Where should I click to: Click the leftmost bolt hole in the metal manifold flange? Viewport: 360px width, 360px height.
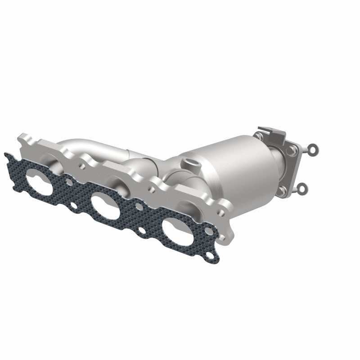[82, 165]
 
